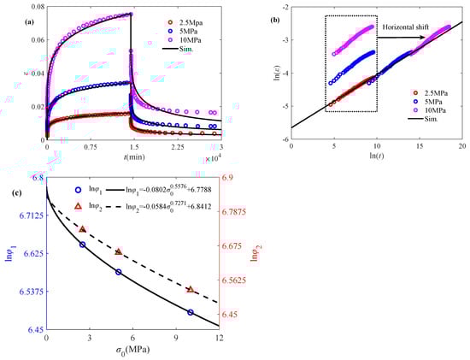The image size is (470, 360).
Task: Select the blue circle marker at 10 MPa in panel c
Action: [x=190, y=313]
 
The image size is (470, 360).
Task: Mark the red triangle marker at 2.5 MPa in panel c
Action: [x=82, y=229]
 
